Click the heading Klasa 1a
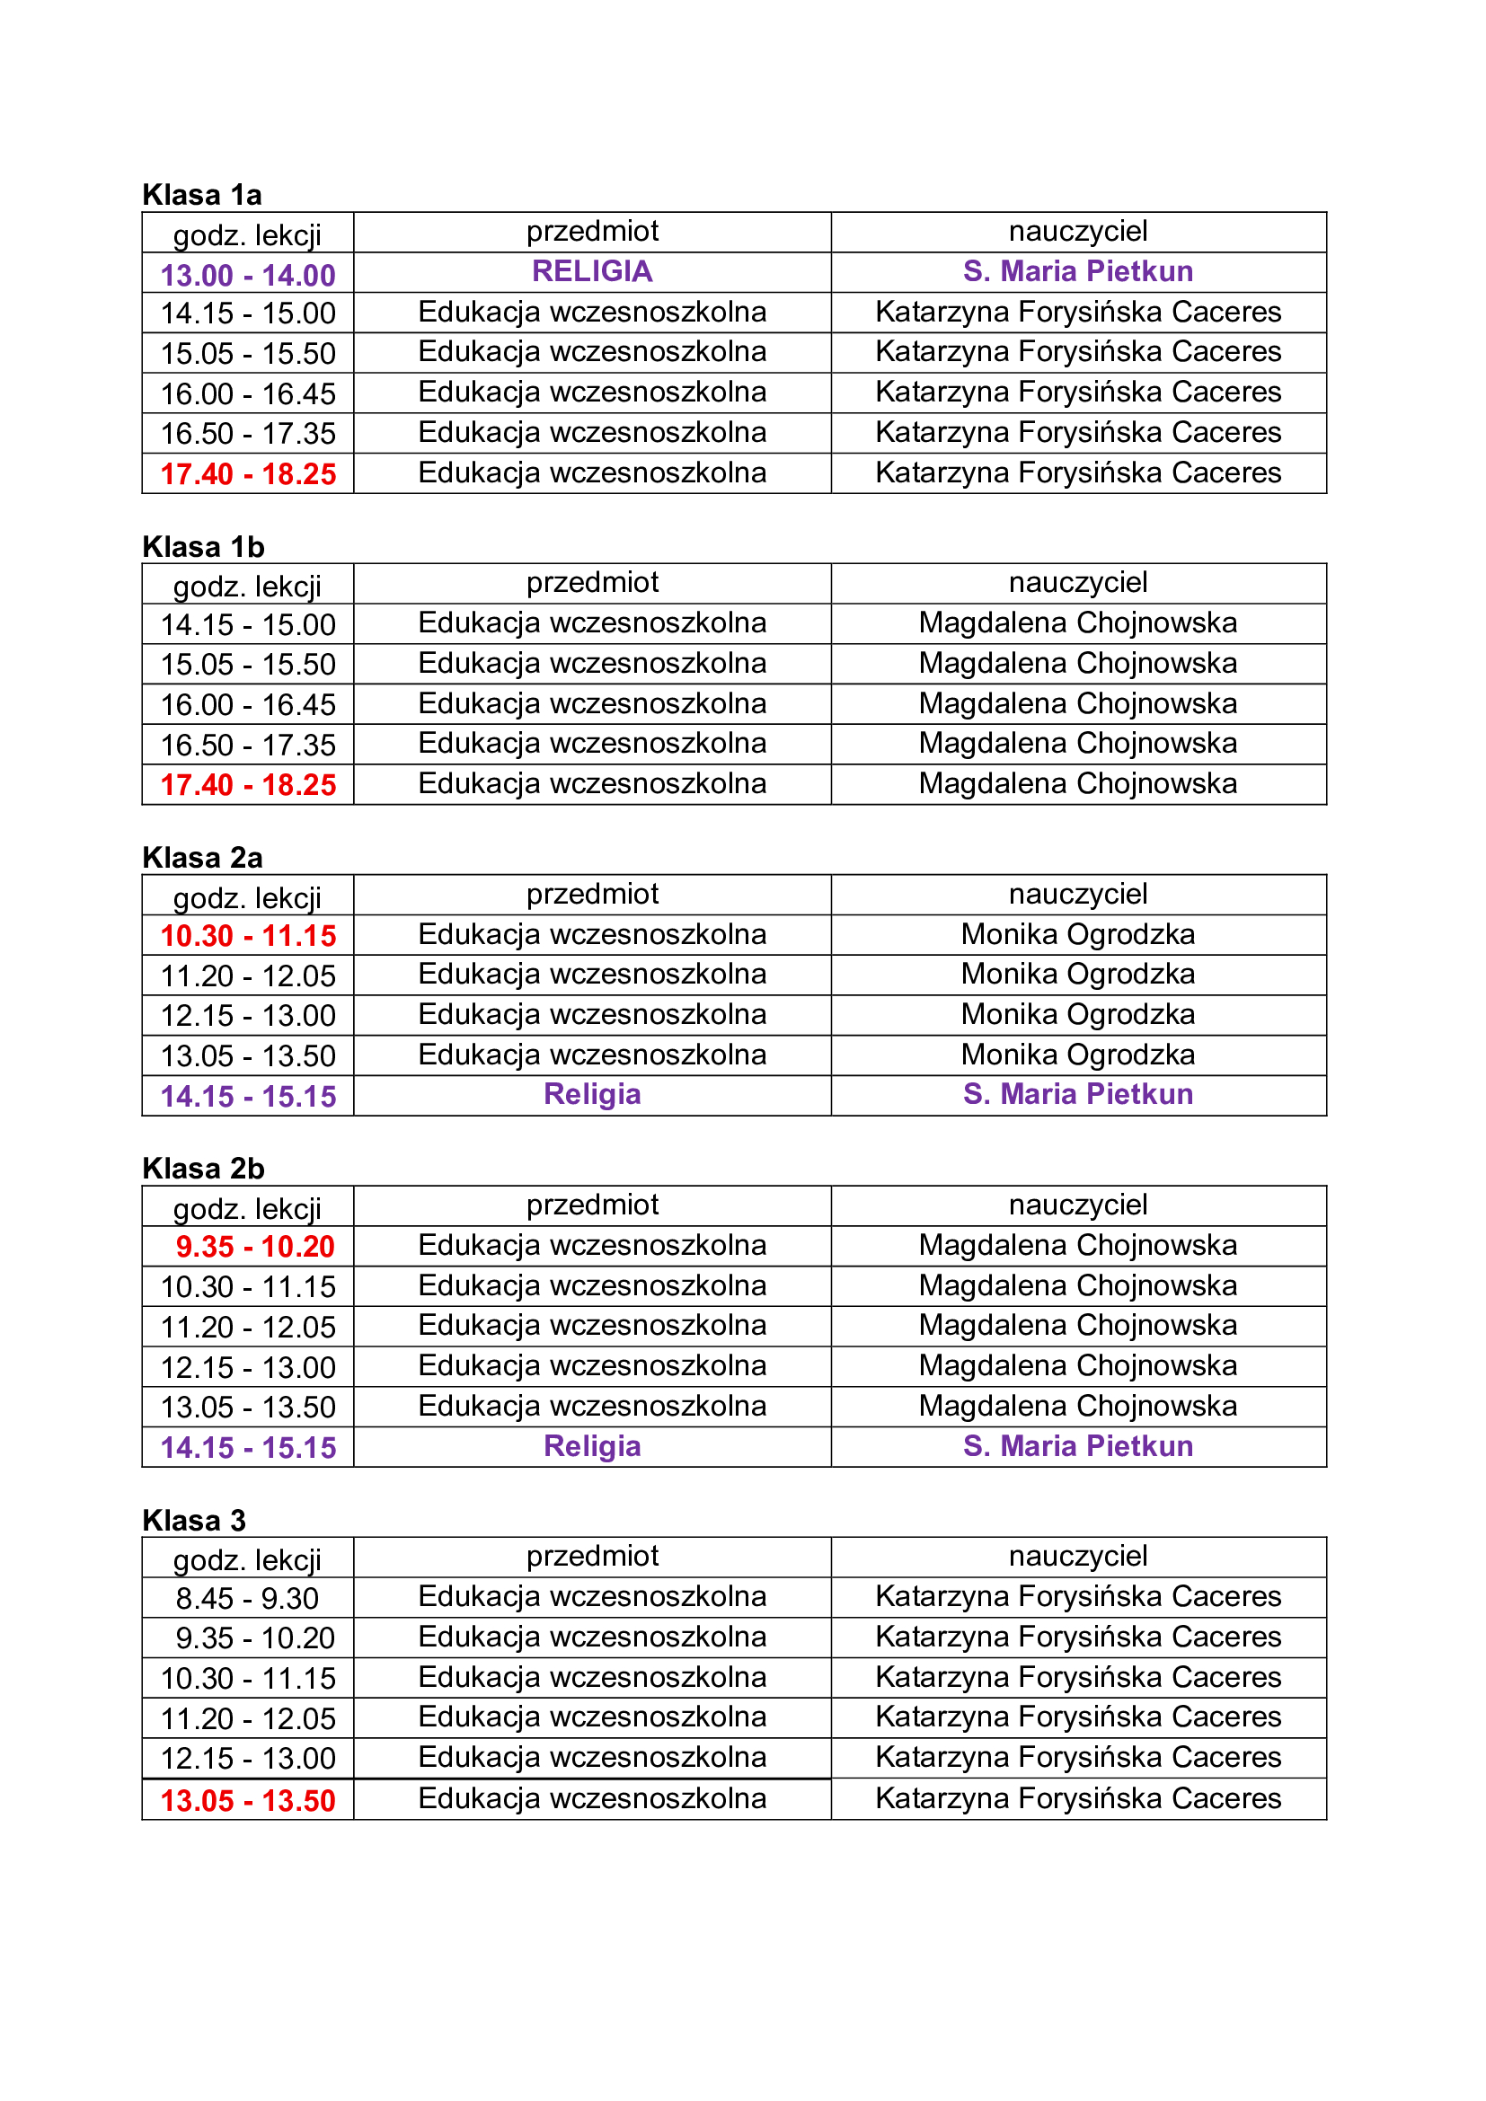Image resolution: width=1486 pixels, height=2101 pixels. click(201, 195)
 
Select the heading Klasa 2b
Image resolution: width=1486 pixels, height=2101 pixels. click(203, 1169)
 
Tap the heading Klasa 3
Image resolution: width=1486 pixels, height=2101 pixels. click(194, 1520)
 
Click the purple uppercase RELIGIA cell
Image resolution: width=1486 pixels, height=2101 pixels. click(592, 272)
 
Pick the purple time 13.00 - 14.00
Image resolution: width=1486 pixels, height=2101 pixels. click(248, 275)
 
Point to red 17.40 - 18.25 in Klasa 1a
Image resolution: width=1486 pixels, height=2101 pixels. click(248, 474)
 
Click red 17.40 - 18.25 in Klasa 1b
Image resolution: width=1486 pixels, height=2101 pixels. click(248, 785)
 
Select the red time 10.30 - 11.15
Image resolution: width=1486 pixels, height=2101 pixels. click(248, 935)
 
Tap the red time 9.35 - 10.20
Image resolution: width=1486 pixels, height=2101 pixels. click(254, 1247)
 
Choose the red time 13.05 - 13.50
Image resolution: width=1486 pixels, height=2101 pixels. click(248, 1800)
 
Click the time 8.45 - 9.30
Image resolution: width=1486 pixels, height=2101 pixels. click(247, 1598)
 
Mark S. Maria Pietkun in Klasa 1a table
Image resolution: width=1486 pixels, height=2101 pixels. click(1078, 272)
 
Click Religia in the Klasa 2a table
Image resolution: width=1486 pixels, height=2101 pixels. click(592, 1094)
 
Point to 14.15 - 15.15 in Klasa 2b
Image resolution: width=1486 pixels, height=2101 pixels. click(248, 1447)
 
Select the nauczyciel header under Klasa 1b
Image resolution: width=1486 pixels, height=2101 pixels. click(1078, 582)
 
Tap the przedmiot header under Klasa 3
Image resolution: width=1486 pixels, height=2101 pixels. click(592, 1556)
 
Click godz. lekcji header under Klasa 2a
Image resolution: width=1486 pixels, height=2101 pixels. click(247, 897)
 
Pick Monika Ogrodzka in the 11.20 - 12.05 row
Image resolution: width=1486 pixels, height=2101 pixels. click(1078, 974)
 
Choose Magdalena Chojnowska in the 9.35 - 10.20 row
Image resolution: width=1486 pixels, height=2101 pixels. click(1078, 1245)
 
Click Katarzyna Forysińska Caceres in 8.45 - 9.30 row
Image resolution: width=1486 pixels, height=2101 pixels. click(1078, 1597)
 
